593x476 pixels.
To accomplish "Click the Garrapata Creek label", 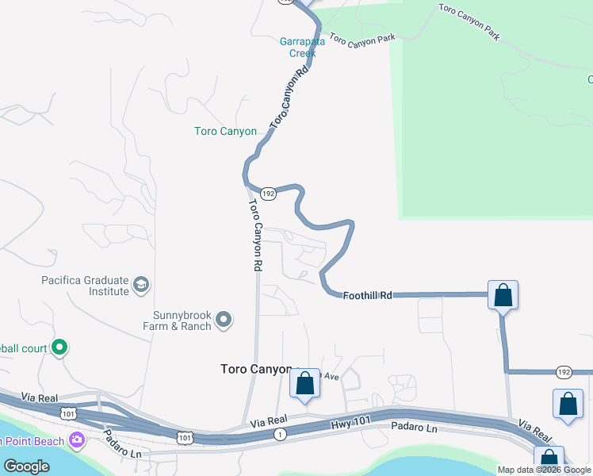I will (298, 48).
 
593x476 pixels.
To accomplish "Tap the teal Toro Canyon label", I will (226, 132).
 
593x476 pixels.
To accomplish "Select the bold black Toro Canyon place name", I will (255, 370).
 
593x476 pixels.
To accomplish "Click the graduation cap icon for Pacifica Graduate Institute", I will (141, 284).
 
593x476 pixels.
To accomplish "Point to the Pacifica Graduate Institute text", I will (86, 286).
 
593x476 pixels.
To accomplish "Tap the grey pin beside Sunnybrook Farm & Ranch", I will (224, 320).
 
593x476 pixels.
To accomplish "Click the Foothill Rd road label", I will (368, 295).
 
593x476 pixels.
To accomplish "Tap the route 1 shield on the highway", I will (279, 434).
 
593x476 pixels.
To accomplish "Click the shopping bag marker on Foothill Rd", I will (503, 296).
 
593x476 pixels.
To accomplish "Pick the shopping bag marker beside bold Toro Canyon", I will (305, 384).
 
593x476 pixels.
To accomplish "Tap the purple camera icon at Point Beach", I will (77, 439).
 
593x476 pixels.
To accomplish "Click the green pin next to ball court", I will (59, 347).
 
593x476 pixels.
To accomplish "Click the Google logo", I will (26, 466).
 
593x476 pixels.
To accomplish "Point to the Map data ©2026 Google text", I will (543, 470).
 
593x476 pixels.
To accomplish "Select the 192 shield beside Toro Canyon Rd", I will (268, 194).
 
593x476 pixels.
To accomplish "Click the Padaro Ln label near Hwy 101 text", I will (414, 428).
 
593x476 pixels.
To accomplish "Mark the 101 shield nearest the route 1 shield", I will (184, 437).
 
